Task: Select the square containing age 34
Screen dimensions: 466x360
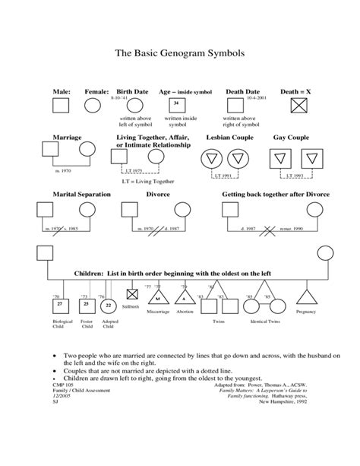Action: point(176,104)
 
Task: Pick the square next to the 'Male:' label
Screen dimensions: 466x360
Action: point(60,105)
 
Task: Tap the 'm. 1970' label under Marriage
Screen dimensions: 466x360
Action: point(64,172)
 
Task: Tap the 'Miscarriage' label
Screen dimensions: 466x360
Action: point(159,312)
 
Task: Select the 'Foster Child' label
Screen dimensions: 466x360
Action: point(86,325)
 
